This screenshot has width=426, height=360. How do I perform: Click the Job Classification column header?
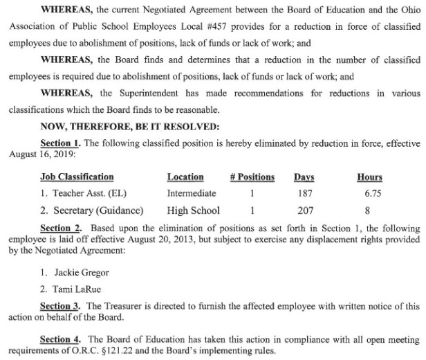(77, 177)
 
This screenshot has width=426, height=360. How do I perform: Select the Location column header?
(186, 177)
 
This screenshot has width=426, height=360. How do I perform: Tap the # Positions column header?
(252, 177)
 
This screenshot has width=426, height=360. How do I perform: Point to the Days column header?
(304, 177)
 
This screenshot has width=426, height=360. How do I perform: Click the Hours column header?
(369, 177)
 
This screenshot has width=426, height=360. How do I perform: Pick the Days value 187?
(304, 194)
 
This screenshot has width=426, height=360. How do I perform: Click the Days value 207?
(304, 210)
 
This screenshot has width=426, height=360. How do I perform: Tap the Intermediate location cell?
(192, 194)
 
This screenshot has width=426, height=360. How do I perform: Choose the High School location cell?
(194, 210)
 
